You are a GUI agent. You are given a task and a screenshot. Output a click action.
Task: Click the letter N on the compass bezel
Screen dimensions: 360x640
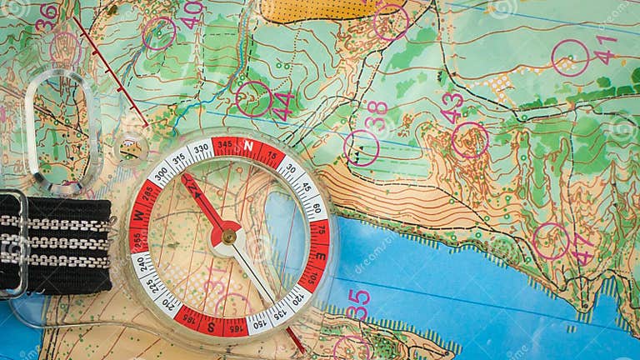pos(247,146)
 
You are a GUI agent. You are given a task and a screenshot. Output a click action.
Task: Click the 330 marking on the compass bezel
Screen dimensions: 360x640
pos(200,151)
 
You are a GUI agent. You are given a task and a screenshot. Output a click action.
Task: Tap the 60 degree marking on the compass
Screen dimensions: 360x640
pos(316,207)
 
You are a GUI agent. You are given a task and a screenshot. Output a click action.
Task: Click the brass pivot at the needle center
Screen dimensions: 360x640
pos(227,236)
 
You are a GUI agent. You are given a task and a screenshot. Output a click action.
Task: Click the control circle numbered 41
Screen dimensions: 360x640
pos(570,57)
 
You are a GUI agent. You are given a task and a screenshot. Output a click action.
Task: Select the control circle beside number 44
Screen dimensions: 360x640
pos(253,98)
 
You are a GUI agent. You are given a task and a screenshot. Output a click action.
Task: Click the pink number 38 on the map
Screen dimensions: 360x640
pos(377,116)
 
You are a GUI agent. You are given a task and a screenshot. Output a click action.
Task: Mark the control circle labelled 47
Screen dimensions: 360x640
pos(551,241)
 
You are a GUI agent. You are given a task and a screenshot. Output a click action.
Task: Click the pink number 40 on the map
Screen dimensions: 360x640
pos(192,14)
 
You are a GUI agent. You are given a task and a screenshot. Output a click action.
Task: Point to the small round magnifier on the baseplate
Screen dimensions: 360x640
pos(131,148)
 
